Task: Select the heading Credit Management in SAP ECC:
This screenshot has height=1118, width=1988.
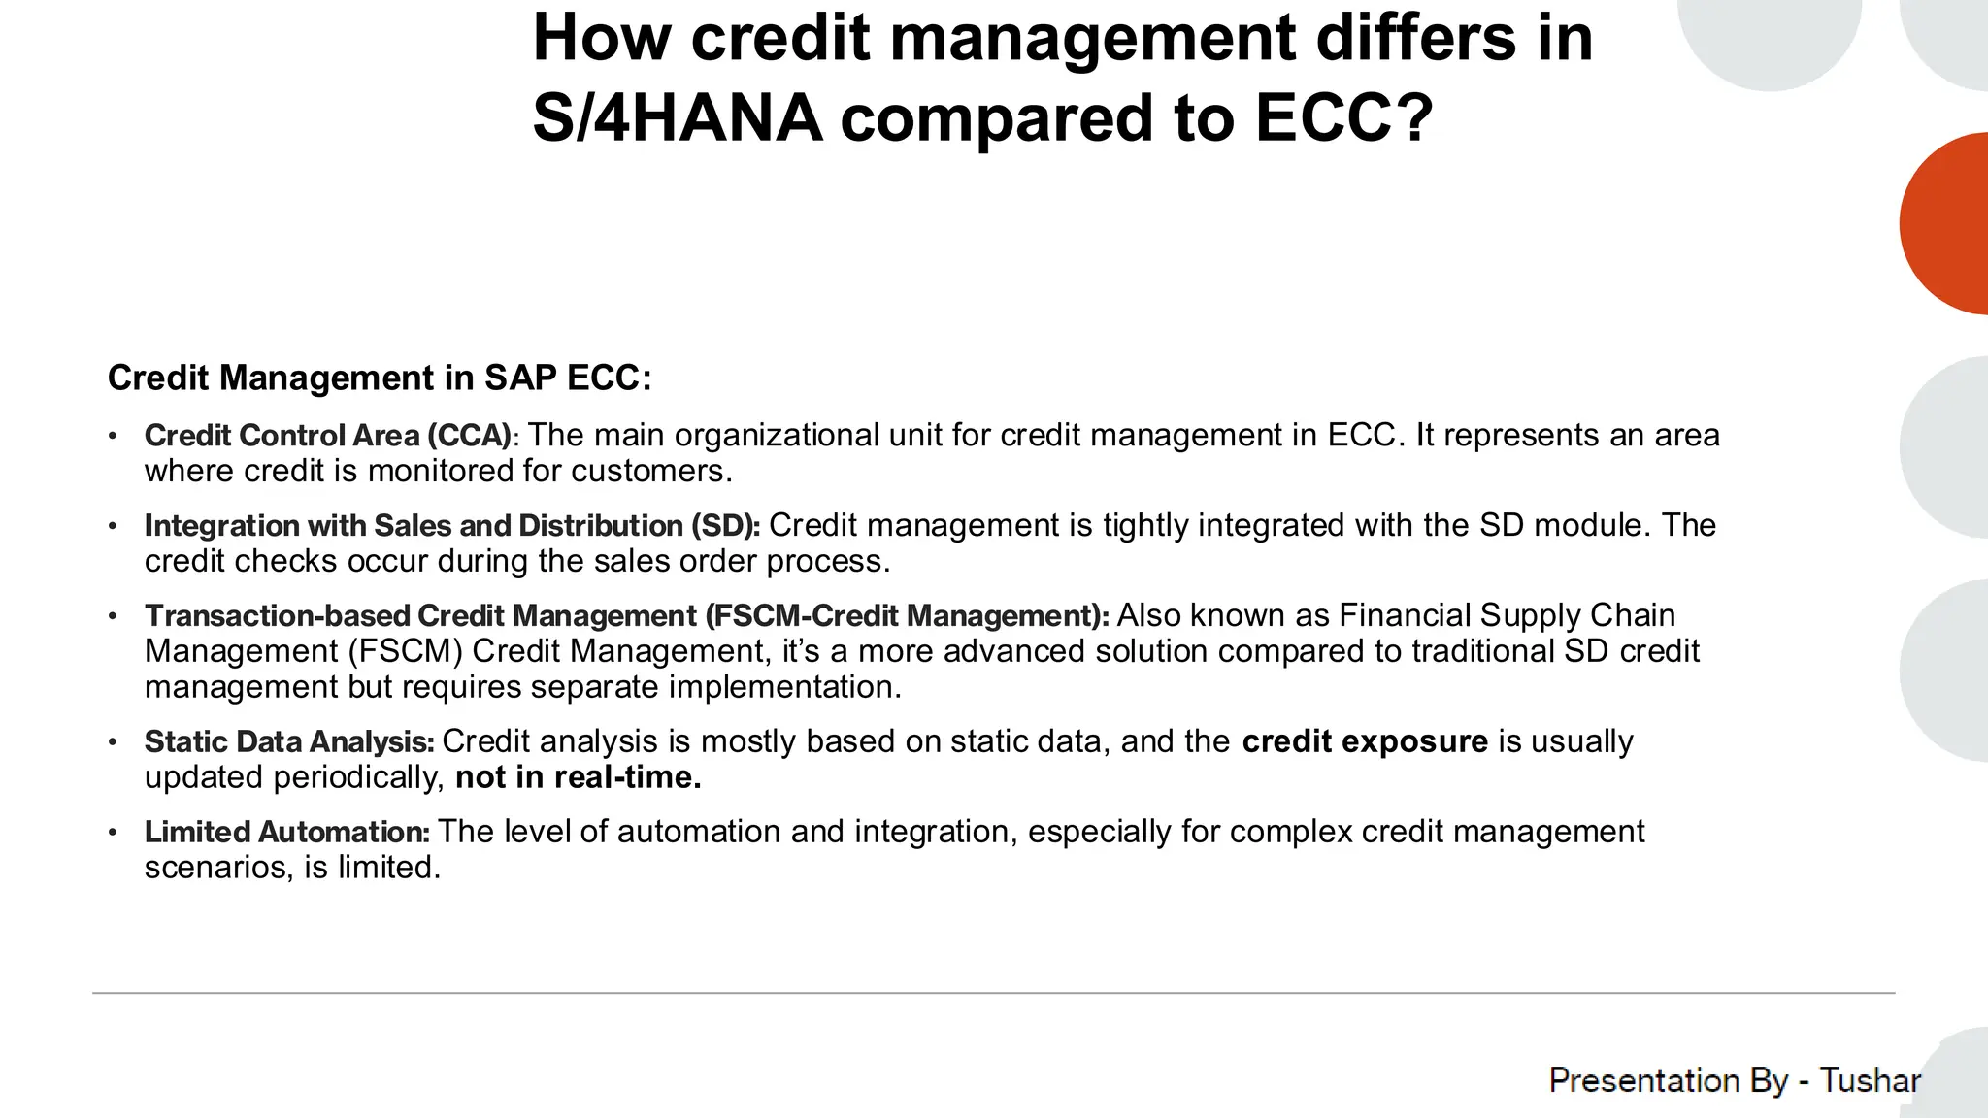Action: (380, 378)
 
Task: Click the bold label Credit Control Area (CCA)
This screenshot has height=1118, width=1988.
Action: (328, 435)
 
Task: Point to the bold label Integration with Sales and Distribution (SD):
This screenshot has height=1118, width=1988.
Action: (452, 525)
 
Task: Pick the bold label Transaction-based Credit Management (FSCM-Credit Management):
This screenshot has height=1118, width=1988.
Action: (626, 615)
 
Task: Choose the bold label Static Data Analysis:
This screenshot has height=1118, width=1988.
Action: (289, 741)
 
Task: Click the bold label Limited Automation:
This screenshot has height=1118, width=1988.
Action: (287, 832)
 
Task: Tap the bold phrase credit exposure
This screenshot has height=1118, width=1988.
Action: (1365, 741)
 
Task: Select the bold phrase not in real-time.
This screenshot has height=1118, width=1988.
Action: (578, 777)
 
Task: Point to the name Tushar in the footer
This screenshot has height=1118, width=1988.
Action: (1870, 1080)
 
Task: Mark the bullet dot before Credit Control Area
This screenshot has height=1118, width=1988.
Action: (113, 436)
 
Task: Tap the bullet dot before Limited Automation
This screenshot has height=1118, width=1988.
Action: (113, 833)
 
